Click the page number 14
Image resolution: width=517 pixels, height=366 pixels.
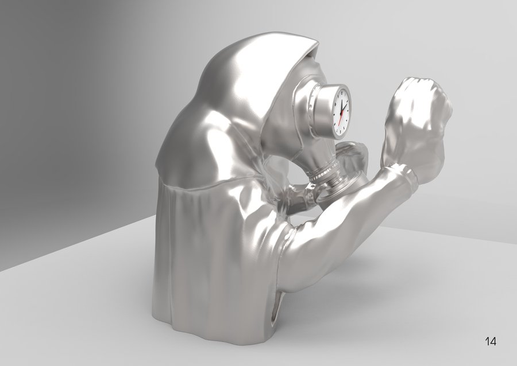click(491, 341)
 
